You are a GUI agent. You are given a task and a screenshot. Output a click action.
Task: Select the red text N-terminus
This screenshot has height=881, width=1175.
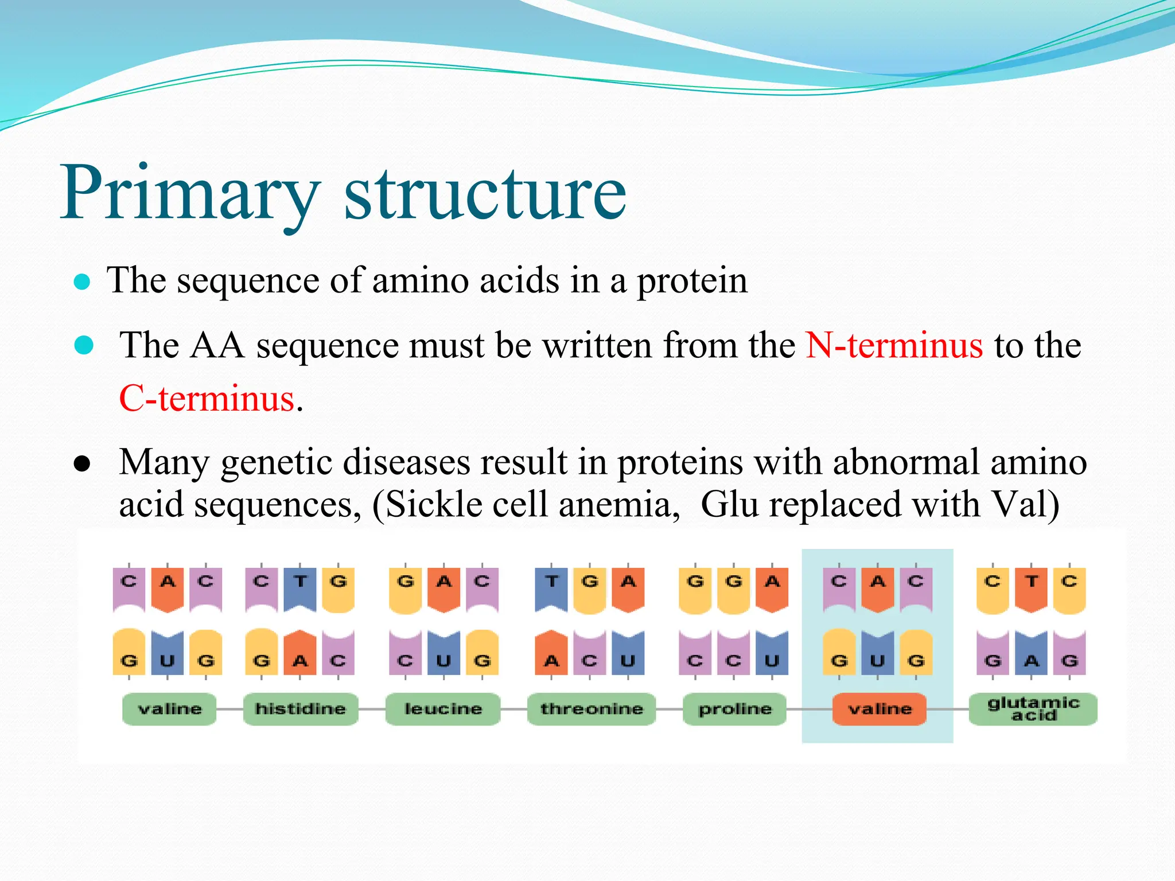894,345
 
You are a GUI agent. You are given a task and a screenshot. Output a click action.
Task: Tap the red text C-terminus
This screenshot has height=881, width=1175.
207,398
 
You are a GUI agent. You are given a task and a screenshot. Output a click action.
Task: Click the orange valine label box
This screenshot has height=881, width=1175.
879,709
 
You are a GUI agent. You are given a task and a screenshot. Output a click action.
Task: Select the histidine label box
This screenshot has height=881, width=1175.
300,709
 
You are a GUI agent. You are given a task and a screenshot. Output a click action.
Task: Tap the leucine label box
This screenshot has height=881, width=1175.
443,709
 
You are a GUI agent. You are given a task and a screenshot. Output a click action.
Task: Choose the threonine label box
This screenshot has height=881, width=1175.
591,709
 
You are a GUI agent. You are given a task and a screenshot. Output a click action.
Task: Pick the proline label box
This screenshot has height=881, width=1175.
734,709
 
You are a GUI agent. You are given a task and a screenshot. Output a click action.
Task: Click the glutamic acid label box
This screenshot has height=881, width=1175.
1033,709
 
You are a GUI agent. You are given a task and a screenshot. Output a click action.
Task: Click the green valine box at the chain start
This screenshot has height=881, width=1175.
170,709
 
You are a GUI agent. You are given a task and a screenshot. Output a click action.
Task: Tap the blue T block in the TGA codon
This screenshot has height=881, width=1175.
551,588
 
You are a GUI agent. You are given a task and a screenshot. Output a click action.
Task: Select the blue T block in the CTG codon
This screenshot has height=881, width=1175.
300,588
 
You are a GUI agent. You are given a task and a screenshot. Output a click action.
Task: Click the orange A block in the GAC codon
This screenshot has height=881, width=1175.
443,588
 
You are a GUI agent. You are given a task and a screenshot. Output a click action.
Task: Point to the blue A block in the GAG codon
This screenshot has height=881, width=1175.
1031,654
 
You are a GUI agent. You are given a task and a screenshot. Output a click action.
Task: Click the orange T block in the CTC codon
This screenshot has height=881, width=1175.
1031,588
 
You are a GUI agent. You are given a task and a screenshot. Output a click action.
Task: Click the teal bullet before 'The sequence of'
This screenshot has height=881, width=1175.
83,282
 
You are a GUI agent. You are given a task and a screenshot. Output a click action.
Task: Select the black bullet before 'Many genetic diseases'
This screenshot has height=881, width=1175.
83,465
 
